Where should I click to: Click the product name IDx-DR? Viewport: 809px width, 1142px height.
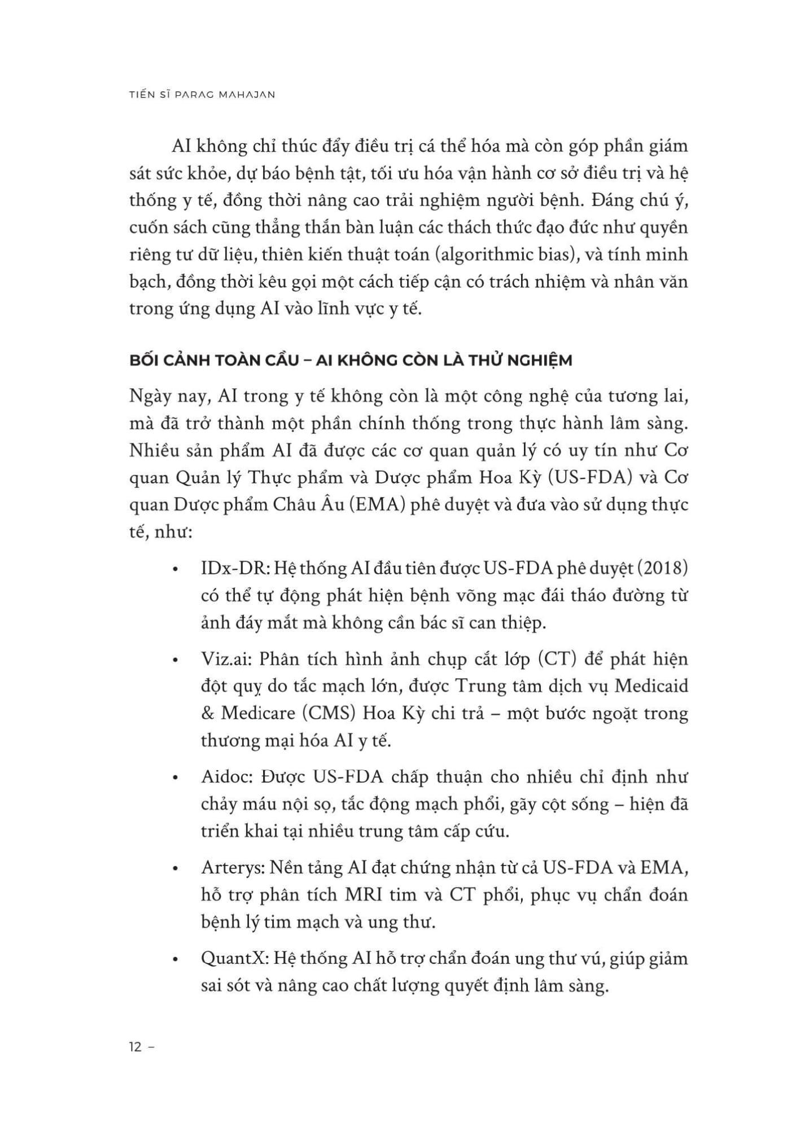(x=234, y=568)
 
